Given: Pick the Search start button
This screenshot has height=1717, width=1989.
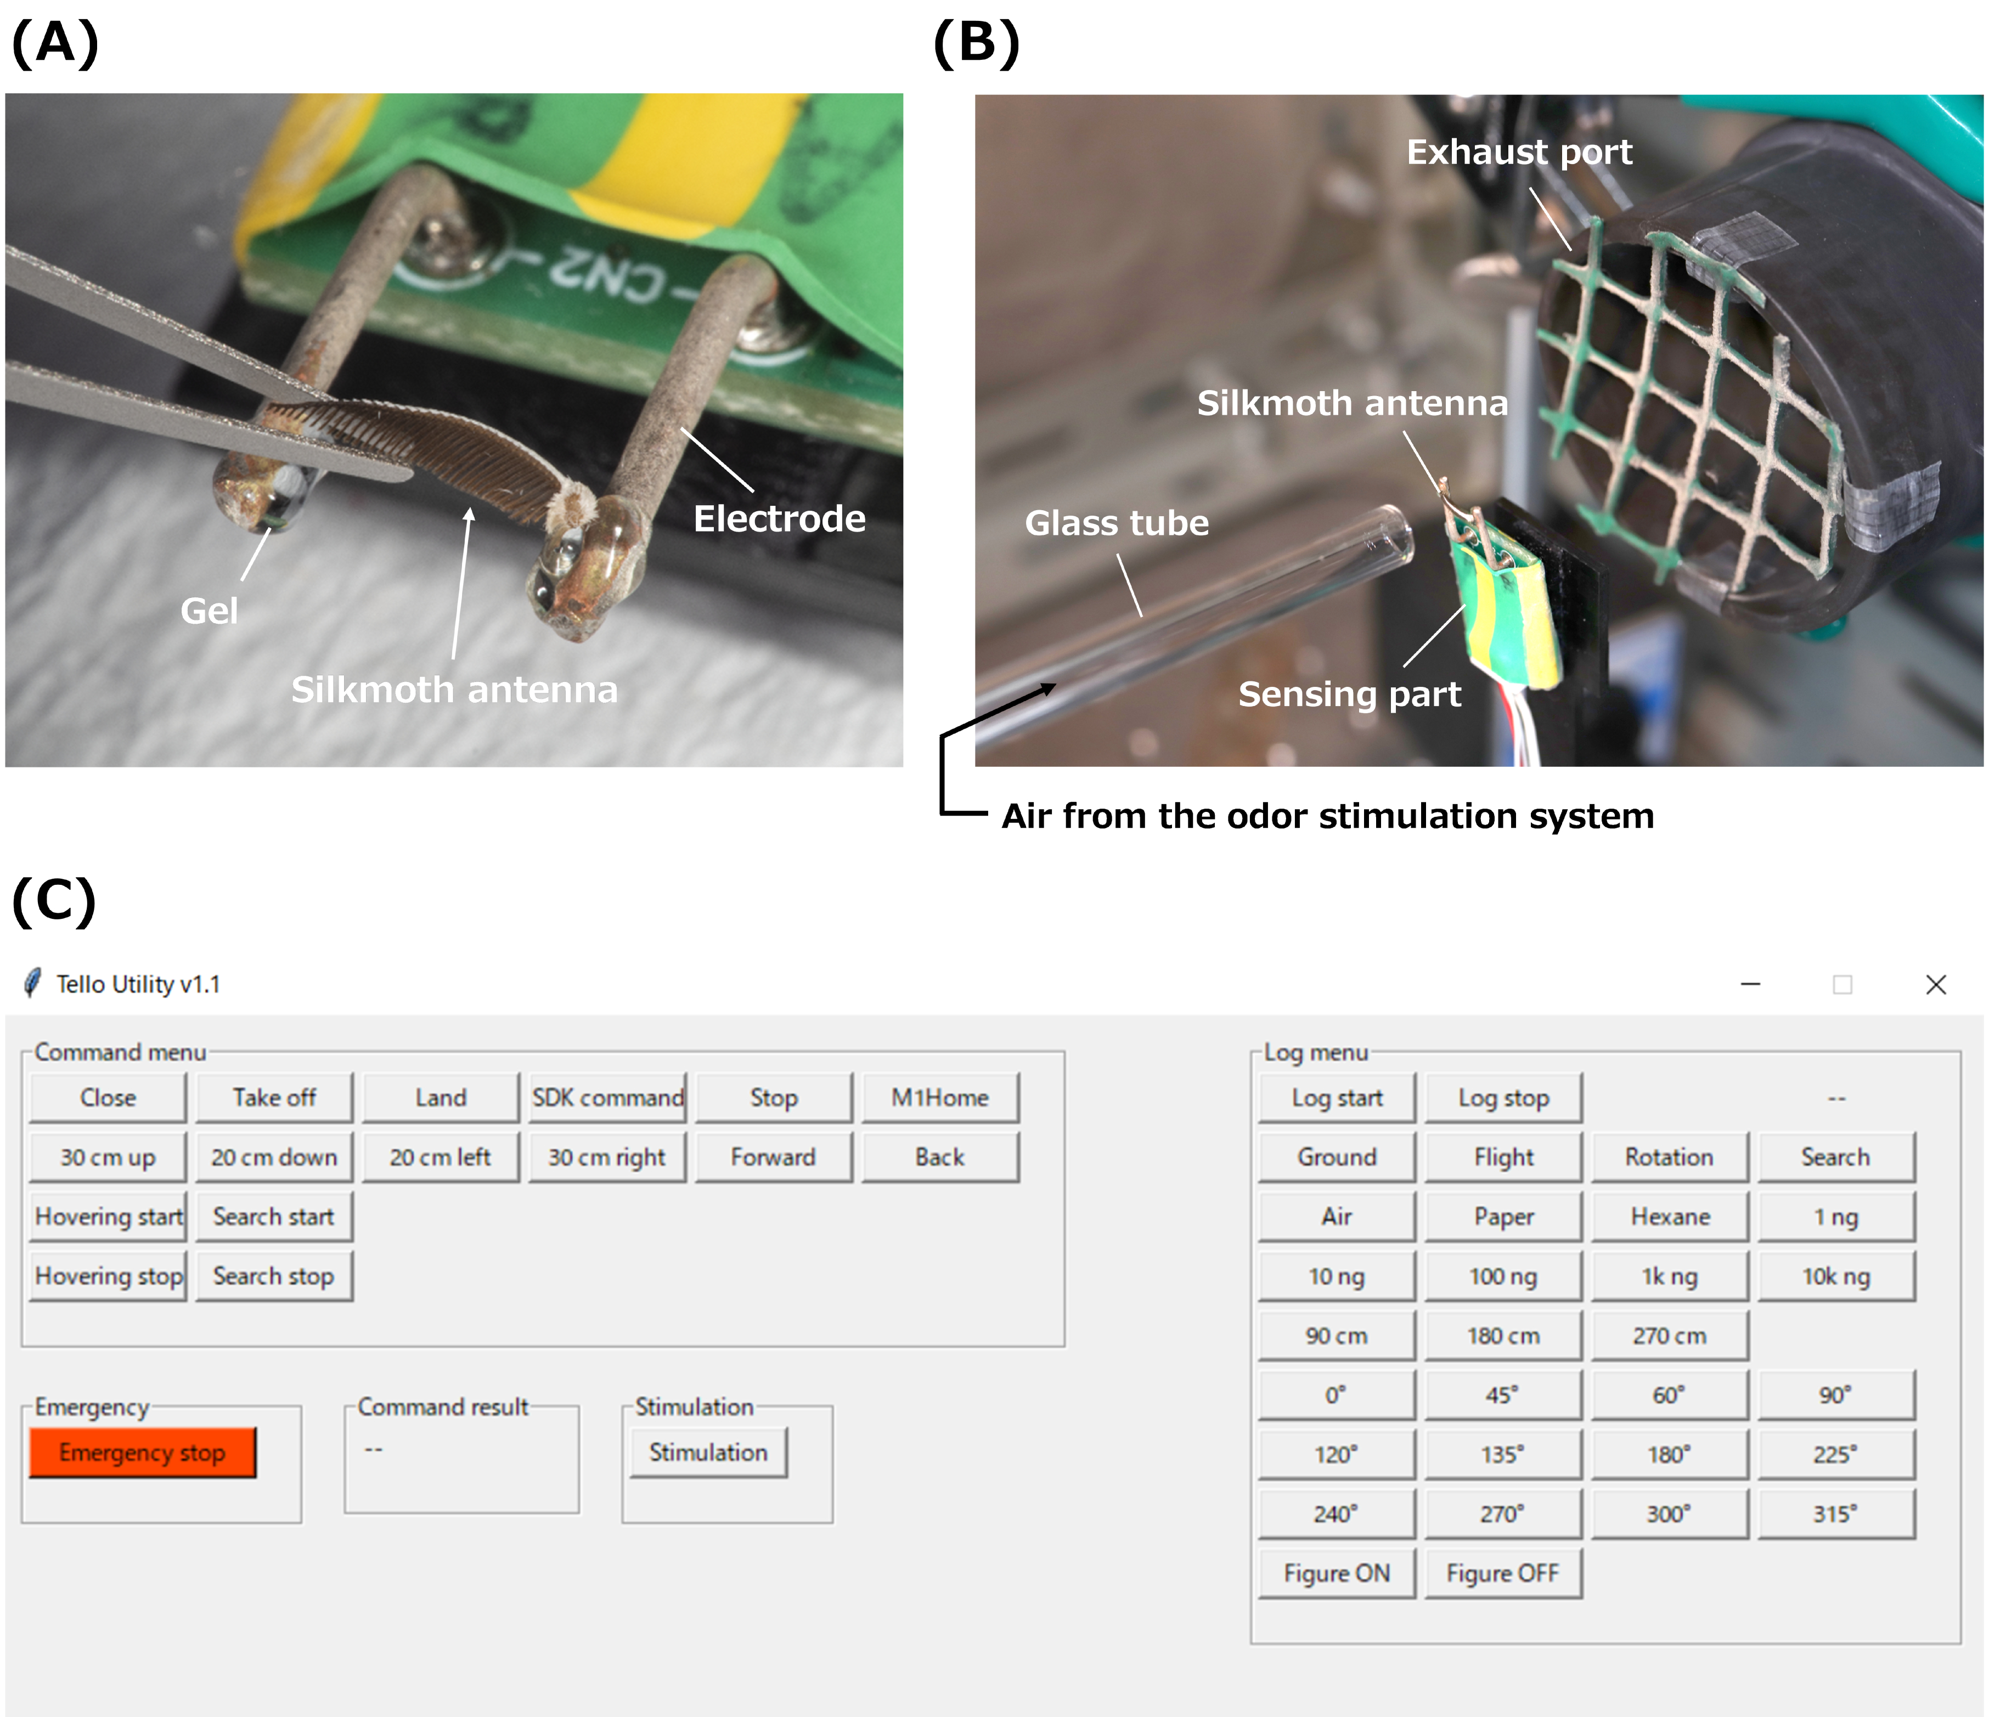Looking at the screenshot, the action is [274, 1216].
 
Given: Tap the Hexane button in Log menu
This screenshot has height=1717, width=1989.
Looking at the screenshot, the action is [1670, 1216].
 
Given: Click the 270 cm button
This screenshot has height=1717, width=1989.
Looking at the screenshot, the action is [1670, 1335].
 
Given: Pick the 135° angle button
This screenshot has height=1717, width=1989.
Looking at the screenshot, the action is [1503, 1454].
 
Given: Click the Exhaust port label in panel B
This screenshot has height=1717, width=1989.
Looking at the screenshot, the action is [1519, 151].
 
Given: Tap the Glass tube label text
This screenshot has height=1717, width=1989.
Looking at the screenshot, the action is [1117, 523].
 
